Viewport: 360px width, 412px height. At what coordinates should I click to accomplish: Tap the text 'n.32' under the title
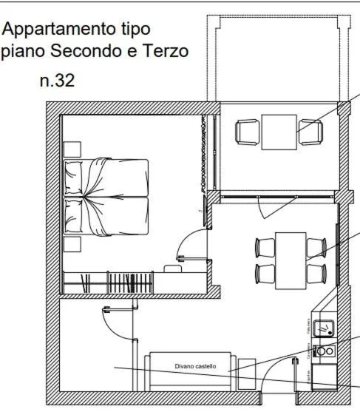click(x=58, y=81)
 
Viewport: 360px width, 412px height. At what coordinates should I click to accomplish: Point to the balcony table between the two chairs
click(x=279, y=132)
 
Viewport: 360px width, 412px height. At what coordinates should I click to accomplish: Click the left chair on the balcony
click(x=248, y=132)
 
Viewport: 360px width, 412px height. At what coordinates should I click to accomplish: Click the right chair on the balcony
click(x=310, y=132)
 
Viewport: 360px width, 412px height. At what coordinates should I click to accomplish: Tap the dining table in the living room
click(x=291, y=260)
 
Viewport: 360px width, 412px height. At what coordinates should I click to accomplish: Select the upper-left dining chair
click(x=265, y=246)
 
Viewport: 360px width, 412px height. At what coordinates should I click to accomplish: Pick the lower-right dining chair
click(x=316, y=274)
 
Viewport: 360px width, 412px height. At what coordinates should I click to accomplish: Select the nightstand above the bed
click(x=72, y=149)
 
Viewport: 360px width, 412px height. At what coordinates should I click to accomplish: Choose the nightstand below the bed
click(x=72, y=245)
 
